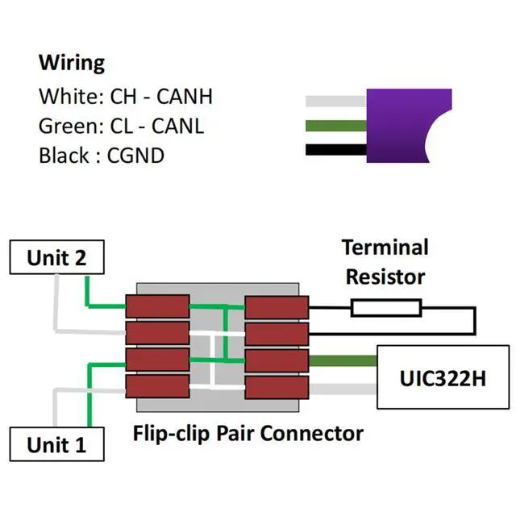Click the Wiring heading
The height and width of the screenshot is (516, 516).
72,63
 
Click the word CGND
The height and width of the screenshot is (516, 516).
135,155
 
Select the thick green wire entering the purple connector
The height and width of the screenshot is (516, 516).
336,126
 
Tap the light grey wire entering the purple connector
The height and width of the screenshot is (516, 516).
336,102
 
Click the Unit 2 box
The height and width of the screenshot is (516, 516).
56,258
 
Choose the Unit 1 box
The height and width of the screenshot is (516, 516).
56,444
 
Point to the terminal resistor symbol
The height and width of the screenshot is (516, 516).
385,307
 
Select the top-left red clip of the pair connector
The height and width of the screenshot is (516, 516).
157,306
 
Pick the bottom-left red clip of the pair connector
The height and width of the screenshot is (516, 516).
157,385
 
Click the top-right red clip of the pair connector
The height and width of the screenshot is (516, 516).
277,306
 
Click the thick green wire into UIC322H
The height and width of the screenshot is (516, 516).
343,361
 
